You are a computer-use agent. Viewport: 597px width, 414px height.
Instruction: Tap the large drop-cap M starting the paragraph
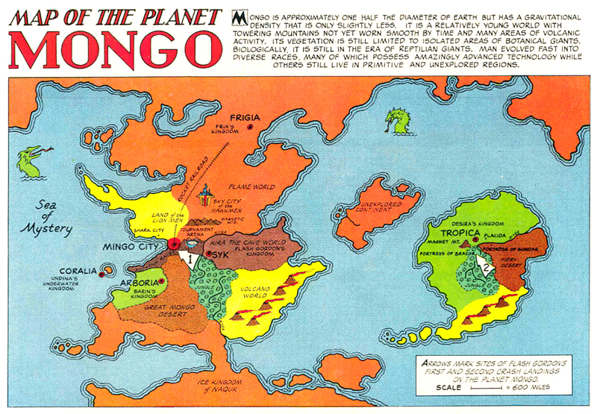point(240,17)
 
